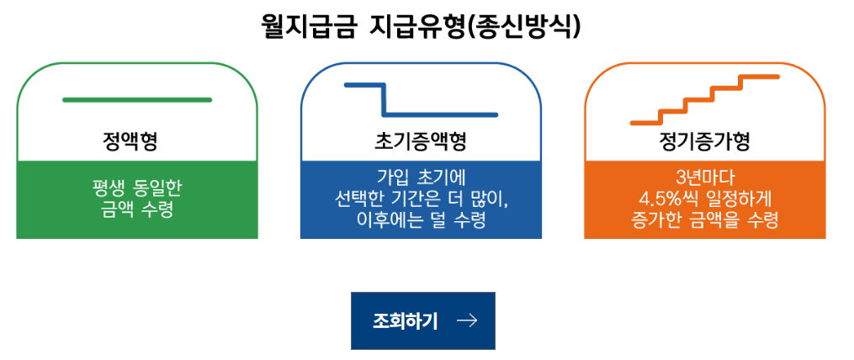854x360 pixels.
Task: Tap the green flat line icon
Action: [x=137, y=100]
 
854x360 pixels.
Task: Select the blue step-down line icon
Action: [x=420, y=100]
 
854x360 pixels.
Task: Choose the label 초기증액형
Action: [x=420, y=140]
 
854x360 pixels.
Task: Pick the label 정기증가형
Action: [x=704, y=140]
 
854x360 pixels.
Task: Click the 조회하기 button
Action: [x=423, y=320]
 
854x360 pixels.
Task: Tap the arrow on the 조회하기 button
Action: [x=466, y=320]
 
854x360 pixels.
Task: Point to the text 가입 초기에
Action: [x=421, y=177]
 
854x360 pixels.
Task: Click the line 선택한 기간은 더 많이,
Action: [x=421, y=199]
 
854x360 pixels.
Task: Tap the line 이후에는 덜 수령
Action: [x=421, y=220]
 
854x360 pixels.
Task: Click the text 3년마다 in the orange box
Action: [x=705, y=177]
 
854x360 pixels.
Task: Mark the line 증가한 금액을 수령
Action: [x=705, y=220]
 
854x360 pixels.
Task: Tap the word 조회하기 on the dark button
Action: [x=406, y=320]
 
